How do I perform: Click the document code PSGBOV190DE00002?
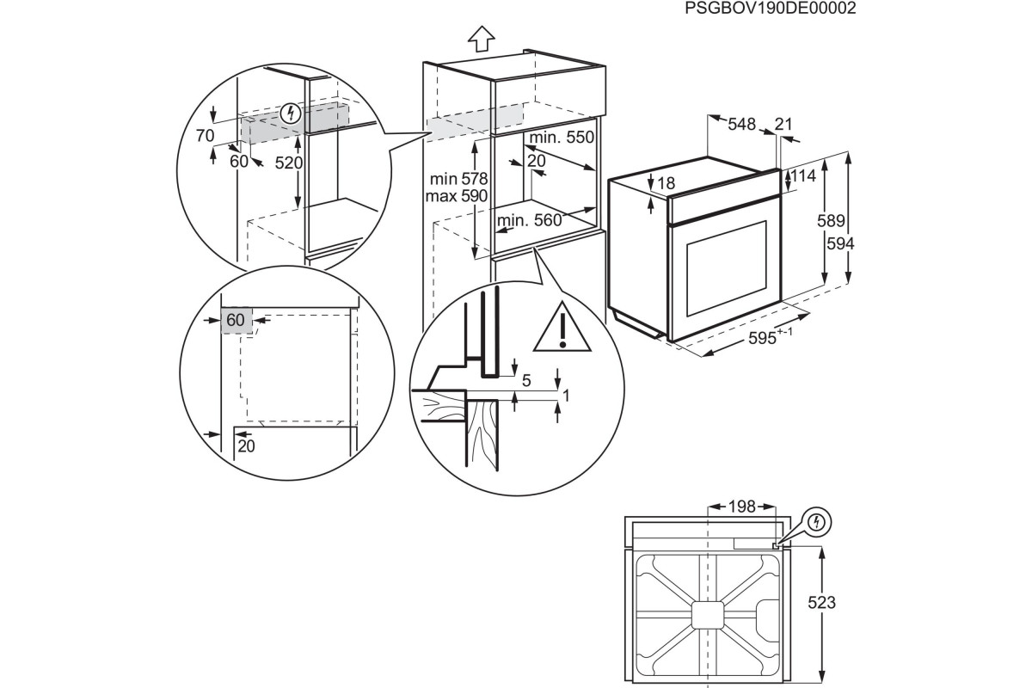[x=771, y=9]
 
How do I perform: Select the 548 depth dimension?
[x=741, y=125]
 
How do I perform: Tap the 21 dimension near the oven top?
[x=783, y=125]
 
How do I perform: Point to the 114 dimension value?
[x=802, y=176]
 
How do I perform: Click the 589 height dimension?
[x=831, y=220]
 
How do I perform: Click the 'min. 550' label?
[x=562, y=138]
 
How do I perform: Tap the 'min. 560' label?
[x=529, y=220]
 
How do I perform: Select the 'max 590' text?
[x=456, y=196]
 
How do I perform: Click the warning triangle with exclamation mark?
[x=562, y=329]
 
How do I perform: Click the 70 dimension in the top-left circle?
[x=205, y=135]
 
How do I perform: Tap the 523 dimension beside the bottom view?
[x=822, y=603]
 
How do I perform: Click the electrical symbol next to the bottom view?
[x=817, y=522]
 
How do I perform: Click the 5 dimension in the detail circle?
[x=526, y=379]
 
